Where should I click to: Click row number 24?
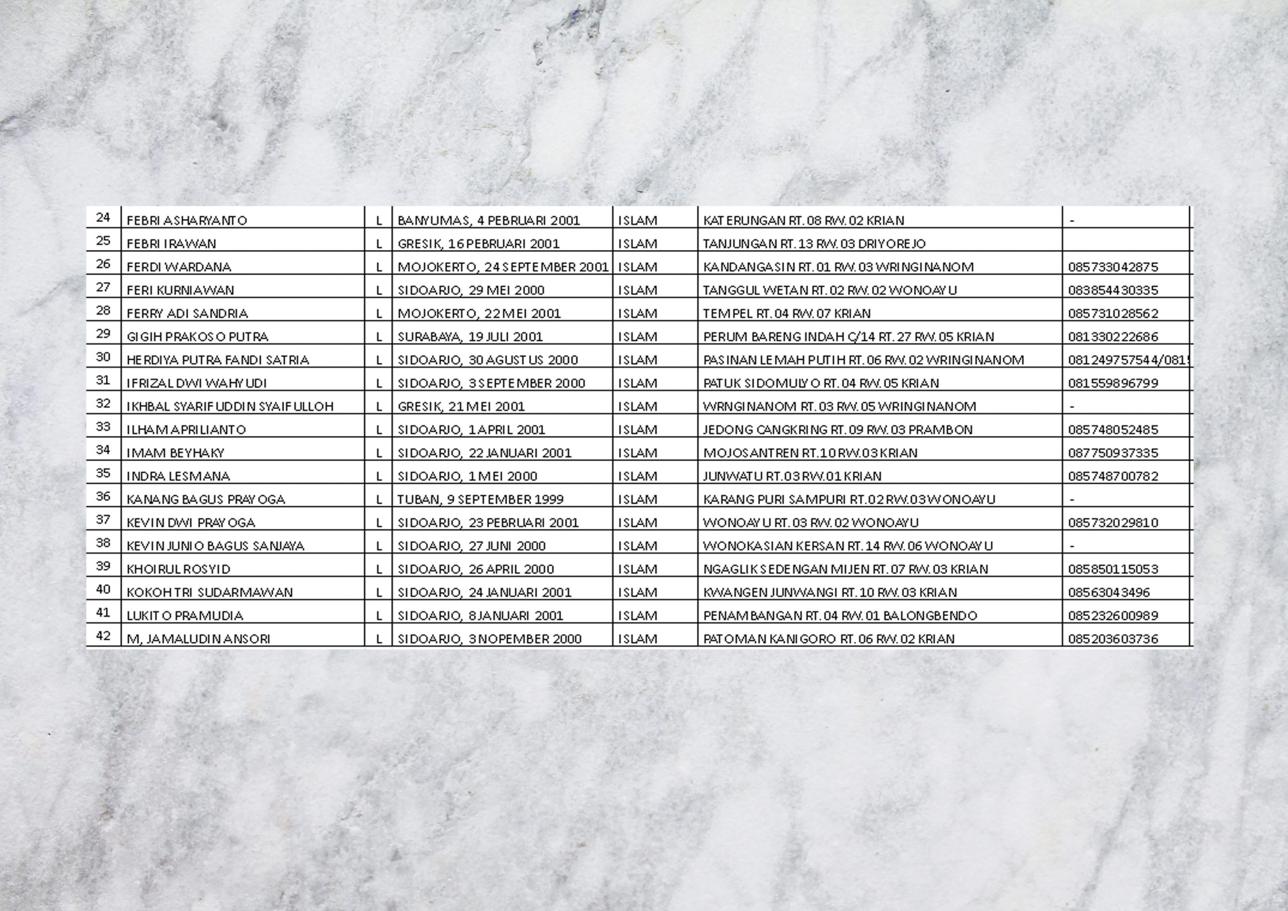click(x=103, y=218)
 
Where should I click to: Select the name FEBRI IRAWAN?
click(x=171, y=244)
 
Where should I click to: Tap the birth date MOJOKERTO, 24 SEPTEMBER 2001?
click(x=503, y=267)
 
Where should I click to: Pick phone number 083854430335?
click(x=1113, y=290)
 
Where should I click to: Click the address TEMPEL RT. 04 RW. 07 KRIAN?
click(x=786, y=313)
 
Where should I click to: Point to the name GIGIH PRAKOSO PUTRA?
click(x=197, y=337)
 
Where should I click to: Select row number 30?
click(x=103, y=357)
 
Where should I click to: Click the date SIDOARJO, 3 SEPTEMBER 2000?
click(x=491, y=384)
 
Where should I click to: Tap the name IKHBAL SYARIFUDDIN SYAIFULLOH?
click(x=230, y=406)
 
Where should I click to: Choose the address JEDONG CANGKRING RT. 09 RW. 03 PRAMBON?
click(x=838, y=430)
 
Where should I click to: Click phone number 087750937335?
click(x=1113, y=453)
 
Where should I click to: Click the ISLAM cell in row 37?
click(x=637, y=523)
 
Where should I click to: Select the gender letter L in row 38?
click(x=379, y=546)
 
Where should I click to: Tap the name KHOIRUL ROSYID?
click(x=179, y=569)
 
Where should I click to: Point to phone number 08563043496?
click(x=1108, y=593)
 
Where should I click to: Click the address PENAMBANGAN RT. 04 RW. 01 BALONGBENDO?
click(x=840, y=616)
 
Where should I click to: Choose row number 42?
click(x=103, y=636)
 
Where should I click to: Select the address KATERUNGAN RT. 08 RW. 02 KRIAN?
click(x=803, y=220)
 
